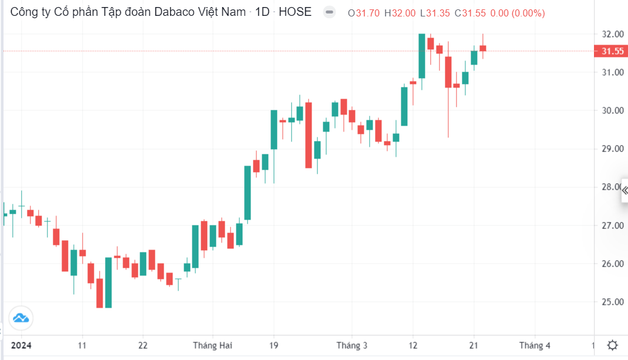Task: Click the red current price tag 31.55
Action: [612, 51]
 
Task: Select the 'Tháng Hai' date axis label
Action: [212, 345]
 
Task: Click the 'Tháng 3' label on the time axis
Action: [352, 345]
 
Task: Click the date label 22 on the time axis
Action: [143, 345]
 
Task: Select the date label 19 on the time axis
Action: [274, 345]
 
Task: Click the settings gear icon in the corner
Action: [612, 345]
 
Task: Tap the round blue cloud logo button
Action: [21, 319]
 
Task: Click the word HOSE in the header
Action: [295, 12]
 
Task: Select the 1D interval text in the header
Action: [262, 12]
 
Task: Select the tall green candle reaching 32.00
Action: [421, 56]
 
